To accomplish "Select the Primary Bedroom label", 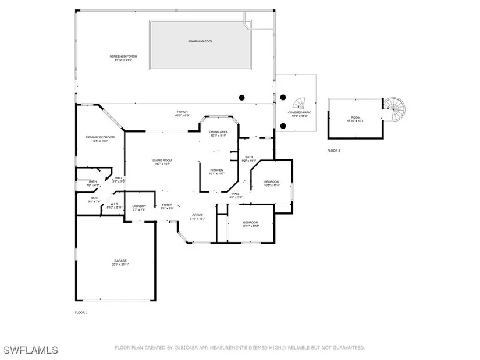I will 100,138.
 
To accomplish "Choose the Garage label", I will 120,262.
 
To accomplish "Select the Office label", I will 198,216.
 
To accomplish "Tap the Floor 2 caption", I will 333,151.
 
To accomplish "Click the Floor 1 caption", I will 81,313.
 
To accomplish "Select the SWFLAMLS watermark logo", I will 31,350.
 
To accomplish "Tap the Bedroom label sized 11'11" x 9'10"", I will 251,224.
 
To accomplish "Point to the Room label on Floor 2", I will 355,119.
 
